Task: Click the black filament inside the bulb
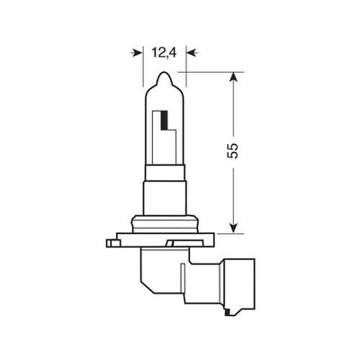click(x=166, y=119)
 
